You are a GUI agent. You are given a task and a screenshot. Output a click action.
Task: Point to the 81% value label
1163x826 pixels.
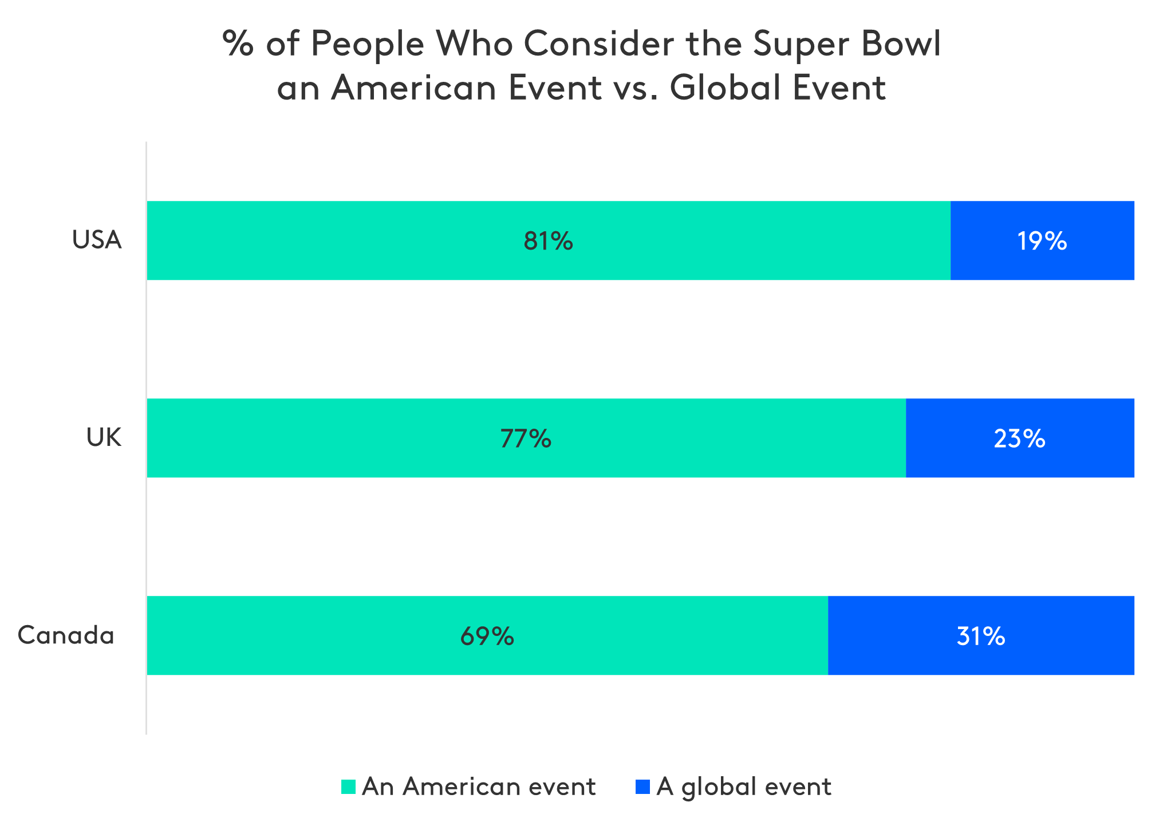tap(548, 241)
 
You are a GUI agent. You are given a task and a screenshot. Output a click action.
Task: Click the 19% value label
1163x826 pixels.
tap(1042, 241)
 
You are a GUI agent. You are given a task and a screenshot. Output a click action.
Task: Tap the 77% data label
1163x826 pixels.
tap(526, 438)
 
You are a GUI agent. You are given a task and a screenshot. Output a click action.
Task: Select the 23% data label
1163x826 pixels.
tap(1019, 438)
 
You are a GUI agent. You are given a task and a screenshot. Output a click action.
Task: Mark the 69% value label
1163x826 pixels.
tap(487, 636)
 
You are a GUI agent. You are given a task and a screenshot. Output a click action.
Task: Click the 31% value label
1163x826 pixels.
tap(980, 636)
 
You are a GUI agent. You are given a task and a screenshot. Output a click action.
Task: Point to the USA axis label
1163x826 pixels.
tap(97, 240)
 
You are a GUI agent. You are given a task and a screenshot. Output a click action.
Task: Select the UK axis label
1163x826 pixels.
tap(104, 437)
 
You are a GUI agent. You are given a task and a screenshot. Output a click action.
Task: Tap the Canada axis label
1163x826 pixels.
tap(66, 635)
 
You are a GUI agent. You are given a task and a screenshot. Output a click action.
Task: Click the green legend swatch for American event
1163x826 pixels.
tap(348, 787)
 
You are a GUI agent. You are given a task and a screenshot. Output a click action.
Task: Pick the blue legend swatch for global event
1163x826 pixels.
tap(642, 787)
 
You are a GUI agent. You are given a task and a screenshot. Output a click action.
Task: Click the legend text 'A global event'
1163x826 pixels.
tap(744, 787)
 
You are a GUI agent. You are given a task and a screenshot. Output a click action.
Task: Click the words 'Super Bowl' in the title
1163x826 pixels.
tap(846, 44)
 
